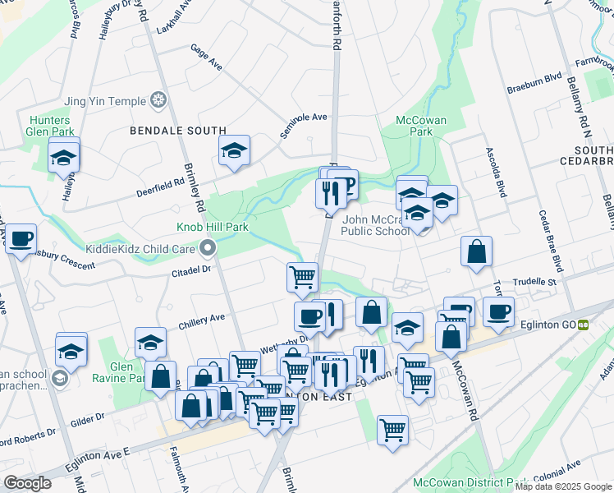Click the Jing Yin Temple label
pos(104,101)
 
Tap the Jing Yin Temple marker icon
pos(158,101)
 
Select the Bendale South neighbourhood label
pos(178,131)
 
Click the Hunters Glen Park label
pos(52,125)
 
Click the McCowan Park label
pos(420,126)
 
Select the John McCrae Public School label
pos(376,225)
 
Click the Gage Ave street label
pos(206,62)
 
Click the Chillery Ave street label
pos(201,318)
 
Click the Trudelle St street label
pos(534,282)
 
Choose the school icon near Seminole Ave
pos(234,151)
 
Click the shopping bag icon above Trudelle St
pos(476,252)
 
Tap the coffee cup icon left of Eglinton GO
pos(499,311)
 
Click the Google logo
pos(27,483)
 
